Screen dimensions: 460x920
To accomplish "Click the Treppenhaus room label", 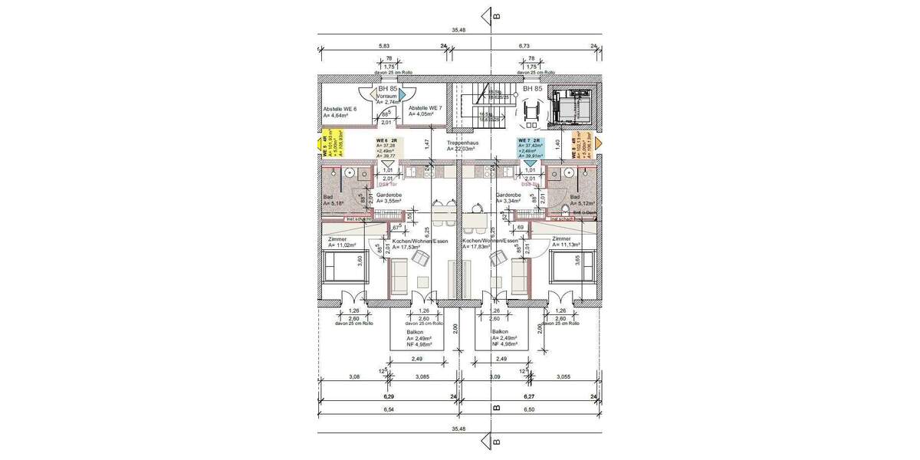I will pyautogui.click(x=462, y=143).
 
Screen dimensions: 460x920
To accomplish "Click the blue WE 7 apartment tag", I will pyautogui.click(x=532, y=147).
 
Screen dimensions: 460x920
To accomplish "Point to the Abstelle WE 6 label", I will pyautogui.click(x=340, y=109).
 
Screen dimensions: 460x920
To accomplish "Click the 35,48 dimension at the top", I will pyautogui.click(x=458, y=30).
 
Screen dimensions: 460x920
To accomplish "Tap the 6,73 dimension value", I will pyautogui.click(x=524, y=47).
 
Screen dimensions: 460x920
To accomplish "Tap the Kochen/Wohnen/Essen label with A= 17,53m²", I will pyautogui.click(x=419, y=241).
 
